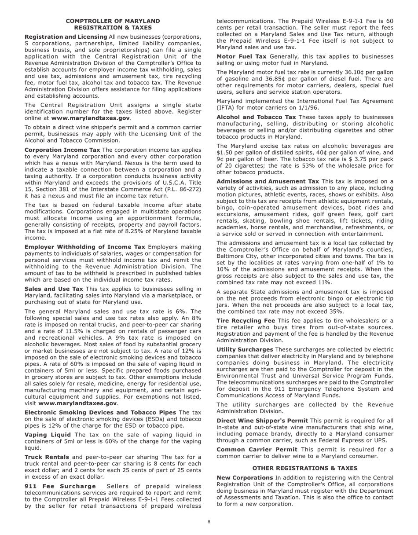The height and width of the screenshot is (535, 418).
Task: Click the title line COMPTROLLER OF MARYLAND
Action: tap(113, 21)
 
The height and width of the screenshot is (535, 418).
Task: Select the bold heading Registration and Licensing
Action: tap(66, 37)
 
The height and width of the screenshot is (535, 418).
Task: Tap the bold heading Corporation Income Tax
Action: tap(62, 150)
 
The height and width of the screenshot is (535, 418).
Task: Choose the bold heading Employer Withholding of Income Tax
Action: tap(84, 247)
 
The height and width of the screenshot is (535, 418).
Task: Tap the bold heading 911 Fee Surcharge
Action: tap(60, 486)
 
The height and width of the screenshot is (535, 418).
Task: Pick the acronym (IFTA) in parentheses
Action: tap(226, 107)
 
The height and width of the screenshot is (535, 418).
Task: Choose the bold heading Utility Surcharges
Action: tap(245, 350)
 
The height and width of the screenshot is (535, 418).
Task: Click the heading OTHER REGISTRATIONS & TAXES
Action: tap(304, 468)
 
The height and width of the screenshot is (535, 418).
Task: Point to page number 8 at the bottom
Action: tap(209, 522)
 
